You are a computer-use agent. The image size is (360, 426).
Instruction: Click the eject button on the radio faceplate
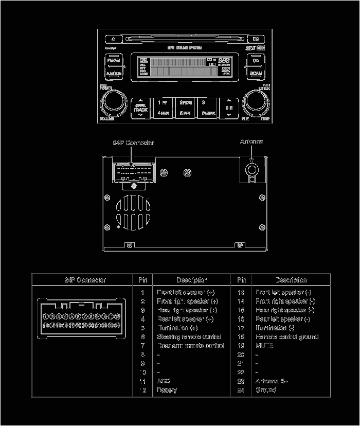(113, 39)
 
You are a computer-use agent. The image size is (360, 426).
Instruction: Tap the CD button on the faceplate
(255, 61)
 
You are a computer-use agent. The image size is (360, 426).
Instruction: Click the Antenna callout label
(251, 141)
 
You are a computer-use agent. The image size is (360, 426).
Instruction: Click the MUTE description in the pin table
(264, 346)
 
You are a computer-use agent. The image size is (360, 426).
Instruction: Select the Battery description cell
(167, 390)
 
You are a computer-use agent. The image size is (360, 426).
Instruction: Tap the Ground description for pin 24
(266, 390)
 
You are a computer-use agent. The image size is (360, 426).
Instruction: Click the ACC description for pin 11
(164, 381)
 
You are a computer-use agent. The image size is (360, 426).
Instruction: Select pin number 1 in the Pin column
(142, 292)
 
